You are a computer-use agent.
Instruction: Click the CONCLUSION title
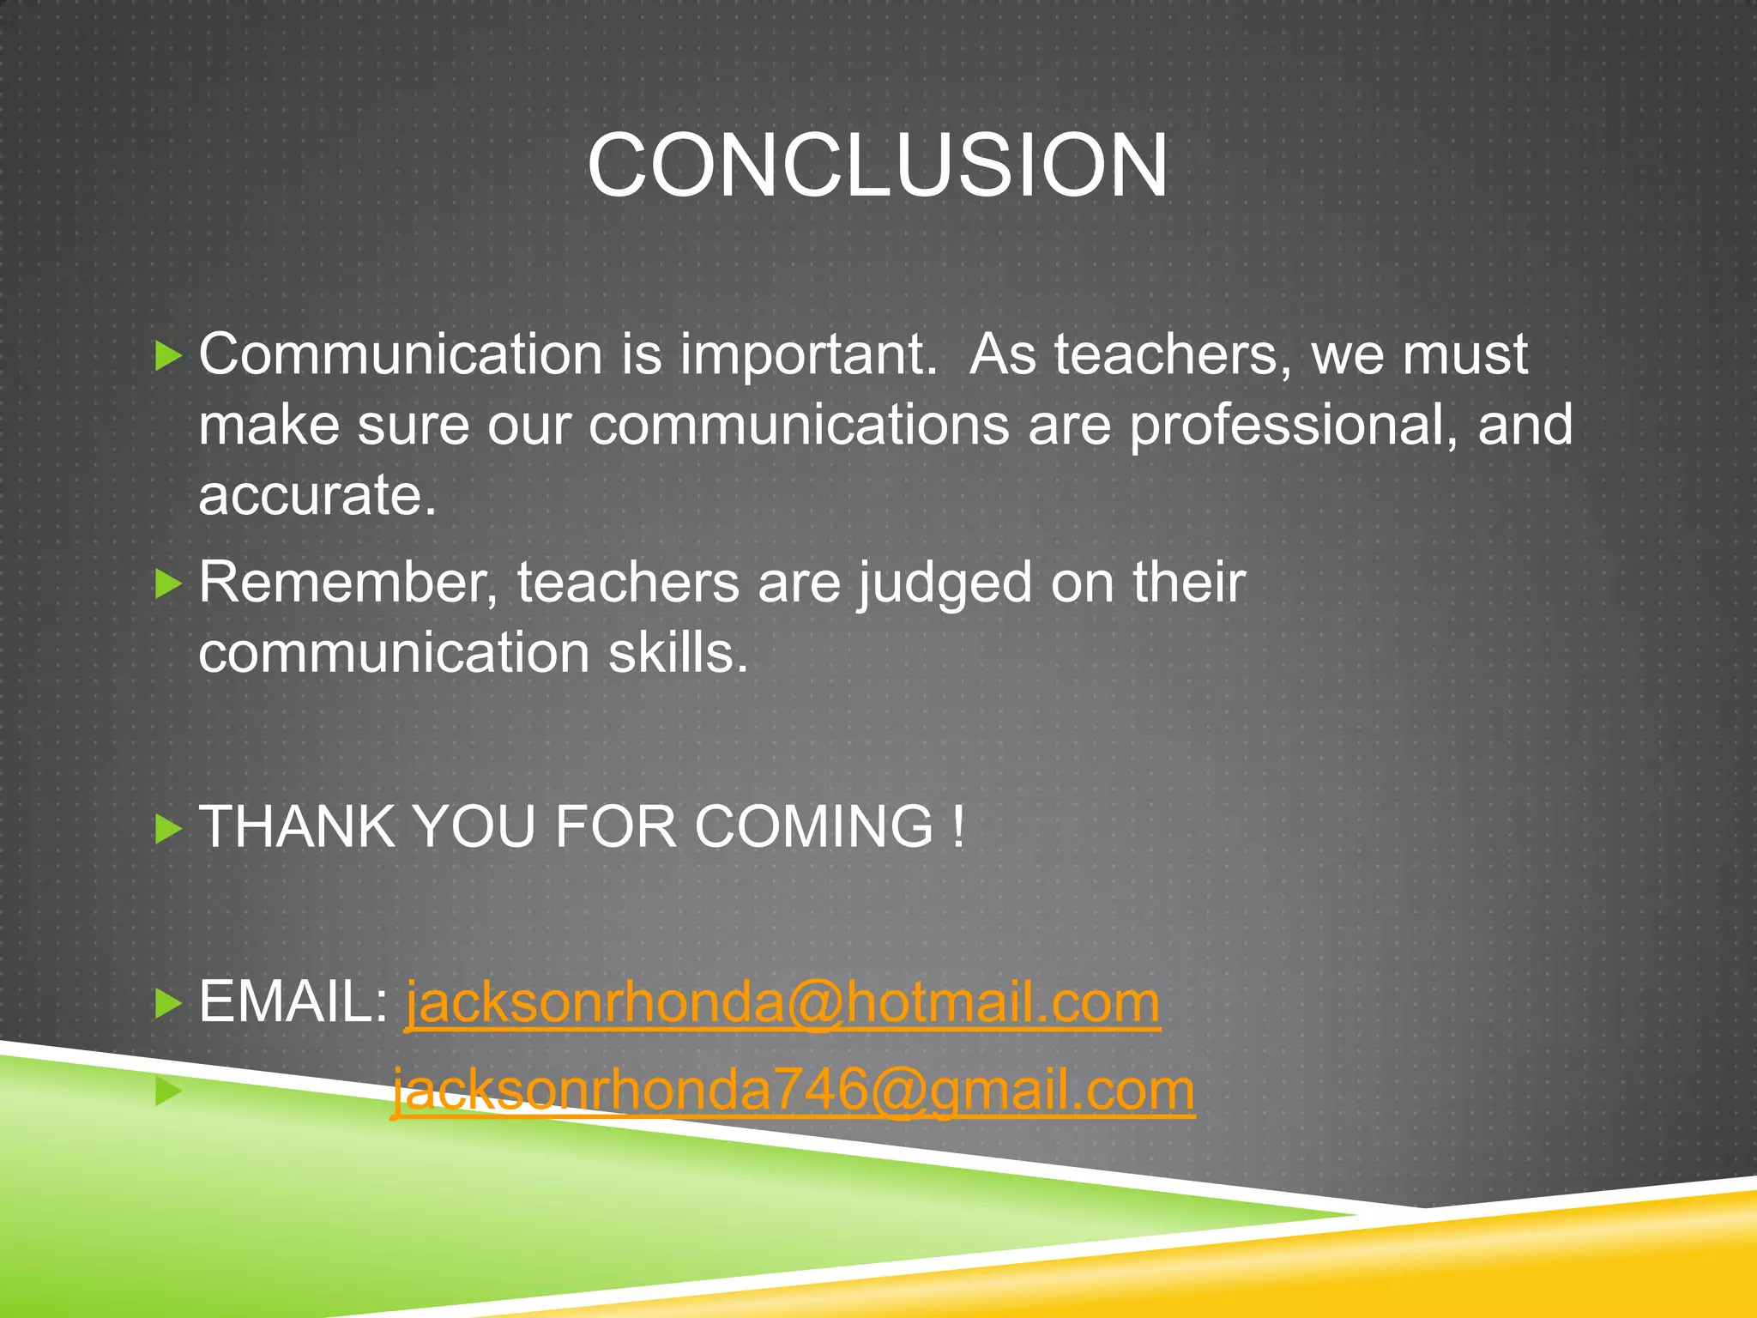click(x=877, y=165)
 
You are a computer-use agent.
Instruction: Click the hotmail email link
click(x=782, y=1002)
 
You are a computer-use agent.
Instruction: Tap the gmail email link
click(x=793, y=1091)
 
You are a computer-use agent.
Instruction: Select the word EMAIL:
click(x=294, y=1001)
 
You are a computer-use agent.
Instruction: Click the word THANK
click(x=297, y=826)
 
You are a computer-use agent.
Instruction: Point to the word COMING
click(x=813, y=826)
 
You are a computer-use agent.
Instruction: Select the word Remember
click(x=348, y=583)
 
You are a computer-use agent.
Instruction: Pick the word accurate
click(x=317, y=495)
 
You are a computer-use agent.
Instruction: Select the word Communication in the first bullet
click(x=401, y=354)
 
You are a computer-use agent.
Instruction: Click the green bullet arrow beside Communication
click(x=168, y=355)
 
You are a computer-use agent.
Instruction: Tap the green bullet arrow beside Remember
click(x=168, y=584)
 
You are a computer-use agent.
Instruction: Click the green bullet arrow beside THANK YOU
click(x=168, y=829)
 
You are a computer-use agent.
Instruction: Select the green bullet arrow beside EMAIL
click(x=168, y=1003)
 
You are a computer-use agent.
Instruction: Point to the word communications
click(x=799, y=425)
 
